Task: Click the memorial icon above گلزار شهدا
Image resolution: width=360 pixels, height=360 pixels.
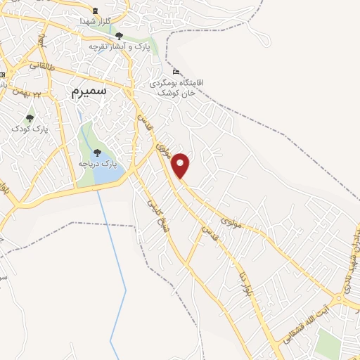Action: pos(96,11)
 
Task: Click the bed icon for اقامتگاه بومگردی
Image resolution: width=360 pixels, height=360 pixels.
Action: pos(176,72)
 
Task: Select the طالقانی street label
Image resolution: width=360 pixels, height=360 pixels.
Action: pos(41,65)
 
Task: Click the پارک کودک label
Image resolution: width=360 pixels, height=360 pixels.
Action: pos(29,129)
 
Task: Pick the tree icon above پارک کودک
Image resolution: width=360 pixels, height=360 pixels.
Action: pos(29,118)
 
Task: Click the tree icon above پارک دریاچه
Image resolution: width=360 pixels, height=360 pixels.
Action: pos(97,153)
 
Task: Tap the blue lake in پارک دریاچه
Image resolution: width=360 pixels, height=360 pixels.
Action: pos(105,175)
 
